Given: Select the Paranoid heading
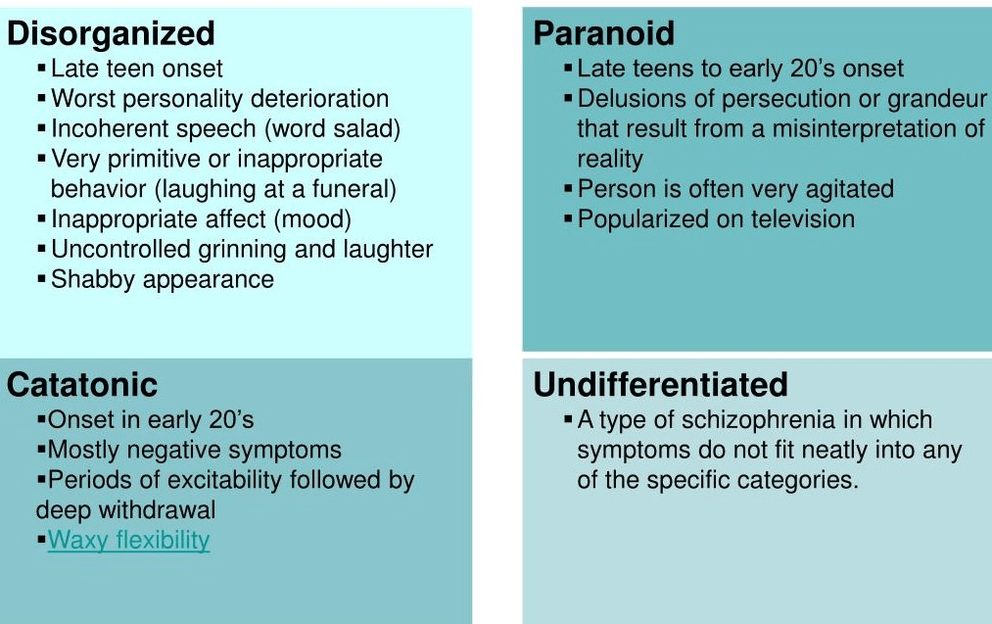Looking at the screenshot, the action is click(x=603, y=33).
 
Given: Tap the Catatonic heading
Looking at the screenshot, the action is click(x=82, y=385).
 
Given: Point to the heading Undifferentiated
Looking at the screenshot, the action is click(x=660, y=384).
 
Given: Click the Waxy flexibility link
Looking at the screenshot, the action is click(x=129, y=541).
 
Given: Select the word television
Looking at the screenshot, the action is click(x=803, y=219).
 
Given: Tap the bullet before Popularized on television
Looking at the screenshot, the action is click(x=568, y=218).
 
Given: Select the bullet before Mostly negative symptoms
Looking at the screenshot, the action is click(x=42, y=449).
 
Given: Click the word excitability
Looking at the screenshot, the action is click(x=222, y=481).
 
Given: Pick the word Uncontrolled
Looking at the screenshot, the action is click(x=121, y=250).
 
